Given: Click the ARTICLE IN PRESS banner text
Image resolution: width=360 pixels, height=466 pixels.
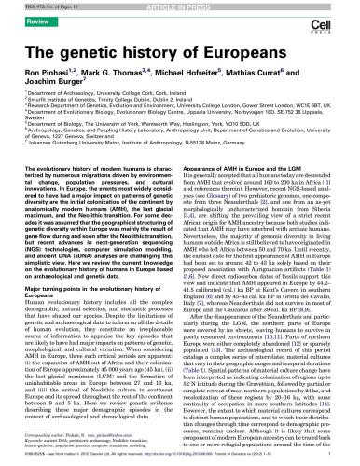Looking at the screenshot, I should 180,6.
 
